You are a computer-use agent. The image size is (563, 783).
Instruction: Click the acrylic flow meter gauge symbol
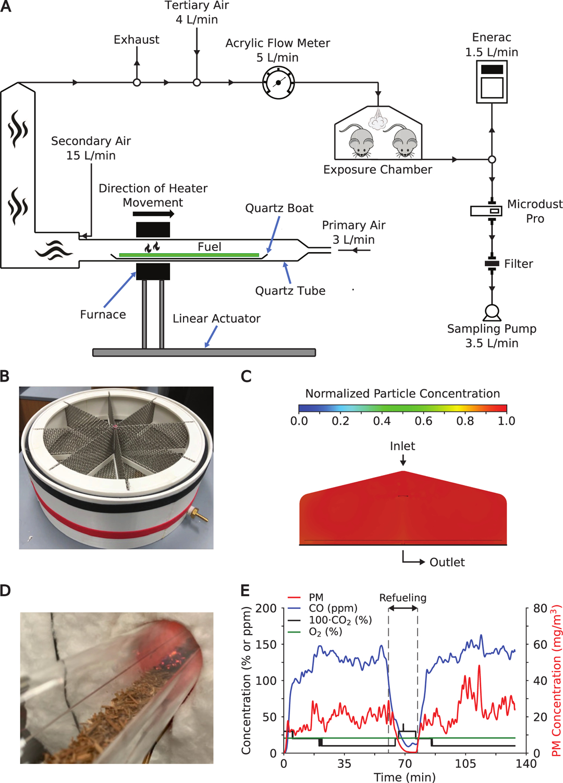pos(278,82)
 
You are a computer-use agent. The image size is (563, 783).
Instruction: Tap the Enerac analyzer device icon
pos(492,81)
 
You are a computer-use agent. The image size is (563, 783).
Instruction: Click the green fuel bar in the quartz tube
pos(189,255)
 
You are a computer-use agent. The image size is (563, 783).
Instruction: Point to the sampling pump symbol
pos(492,312)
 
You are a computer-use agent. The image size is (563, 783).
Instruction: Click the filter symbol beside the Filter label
pos(492,264)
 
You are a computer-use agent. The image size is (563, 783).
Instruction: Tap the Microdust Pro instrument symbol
pos(486,211)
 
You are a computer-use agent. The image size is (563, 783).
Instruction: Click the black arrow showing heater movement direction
pos(153,214)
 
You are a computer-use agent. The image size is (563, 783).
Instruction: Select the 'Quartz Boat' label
pos(279,208)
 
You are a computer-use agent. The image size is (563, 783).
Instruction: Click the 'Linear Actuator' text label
pos(216,318)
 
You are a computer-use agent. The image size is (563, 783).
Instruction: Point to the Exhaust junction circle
pos(137,82)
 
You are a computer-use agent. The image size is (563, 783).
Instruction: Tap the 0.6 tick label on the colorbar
pos(423,421)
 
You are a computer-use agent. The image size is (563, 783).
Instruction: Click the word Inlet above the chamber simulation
pos(402,446)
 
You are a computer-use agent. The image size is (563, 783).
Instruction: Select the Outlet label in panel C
pos(447,562)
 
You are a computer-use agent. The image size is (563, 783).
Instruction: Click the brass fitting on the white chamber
pos(200,516)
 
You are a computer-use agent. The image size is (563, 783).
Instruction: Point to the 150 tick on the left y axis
pos(266,644)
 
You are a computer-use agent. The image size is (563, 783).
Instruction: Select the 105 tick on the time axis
pos(466,764)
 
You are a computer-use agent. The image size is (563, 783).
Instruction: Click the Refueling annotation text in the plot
pos(402,598)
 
